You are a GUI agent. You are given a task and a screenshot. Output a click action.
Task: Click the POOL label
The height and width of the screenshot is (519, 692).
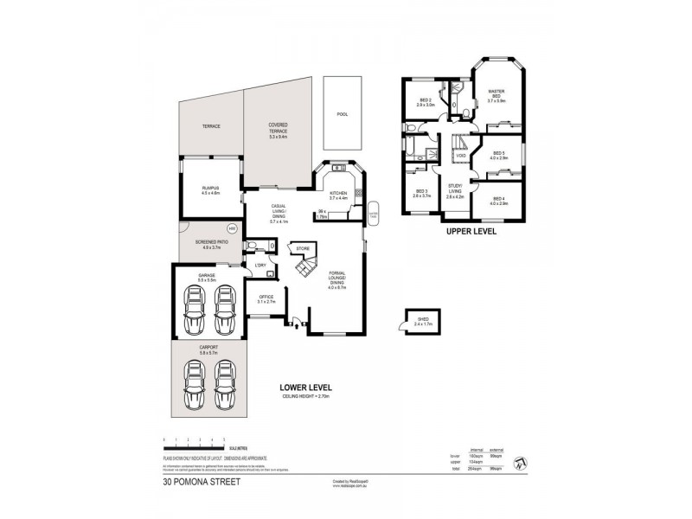coord(342,113)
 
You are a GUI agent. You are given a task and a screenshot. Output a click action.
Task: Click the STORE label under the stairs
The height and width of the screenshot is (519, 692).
coord(303,249)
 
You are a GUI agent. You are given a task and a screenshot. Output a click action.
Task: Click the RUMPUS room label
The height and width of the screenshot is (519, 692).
coord(210,191)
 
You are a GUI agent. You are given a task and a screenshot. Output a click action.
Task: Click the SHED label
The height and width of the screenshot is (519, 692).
coord(423,320)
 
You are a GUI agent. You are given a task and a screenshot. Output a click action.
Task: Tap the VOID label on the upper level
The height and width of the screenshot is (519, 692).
coord(461,156)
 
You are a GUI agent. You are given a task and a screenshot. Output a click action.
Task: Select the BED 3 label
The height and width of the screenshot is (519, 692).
coord(422,193)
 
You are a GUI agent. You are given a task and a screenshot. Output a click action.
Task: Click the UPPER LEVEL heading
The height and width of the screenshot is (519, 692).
coord(470,232)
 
